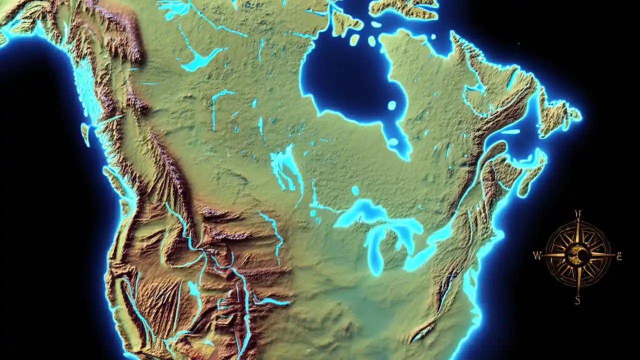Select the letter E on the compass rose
(619, 255)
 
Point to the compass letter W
(537, 256)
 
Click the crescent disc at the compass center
(578, 256)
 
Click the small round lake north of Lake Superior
(355, 190)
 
